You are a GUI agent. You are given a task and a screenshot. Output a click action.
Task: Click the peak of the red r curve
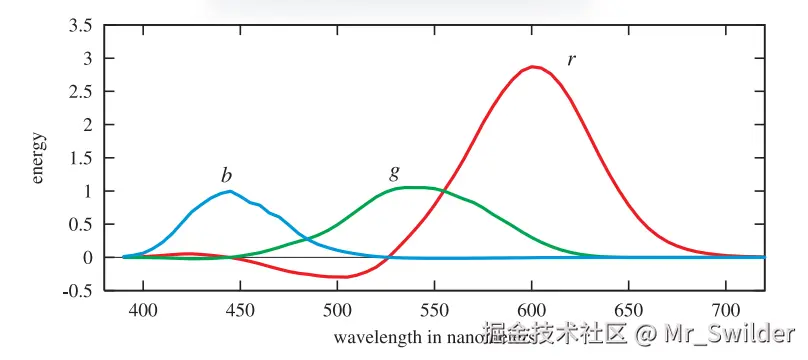pos(534,67)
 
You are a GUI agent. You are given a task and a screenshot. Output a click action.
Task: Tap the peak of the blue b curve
pos(230,191)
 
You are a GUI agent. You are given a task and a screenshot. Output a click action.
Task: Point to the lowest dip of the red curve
pos(341,277)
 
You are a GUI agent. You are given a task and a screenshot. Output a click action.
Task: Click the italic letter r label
pos(571,59)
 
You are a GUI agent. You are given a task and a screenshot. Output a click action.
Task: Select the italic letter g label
pos(394,172)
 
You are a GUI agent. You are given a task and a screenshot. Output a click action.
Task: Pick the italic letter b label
pos(227,176)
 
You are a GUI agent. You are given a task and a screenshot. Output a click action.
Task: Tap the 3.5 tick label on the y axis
pos(79,26)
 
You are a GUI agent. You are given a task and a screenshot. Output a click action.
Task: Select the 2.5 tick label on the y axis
pos(79,92)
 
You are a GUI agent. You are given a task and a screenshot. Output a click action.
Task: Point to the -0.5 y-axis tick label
pos(77,291)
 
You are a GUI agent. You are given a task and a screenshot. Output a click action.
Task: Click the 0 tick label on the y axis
pos(87,258)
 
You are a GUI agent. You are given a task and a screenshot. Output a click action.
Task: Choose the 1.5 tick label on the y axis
pos(79,158)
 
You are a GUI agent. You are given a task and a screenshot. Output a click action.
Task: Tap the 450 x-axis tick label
pos(240,311)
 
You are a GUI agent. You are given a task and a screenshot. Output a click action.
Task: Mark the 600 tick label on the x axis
pos(531,311)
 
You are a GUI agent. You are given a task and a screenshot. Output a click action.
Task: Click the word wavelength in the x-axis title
pos(372,337)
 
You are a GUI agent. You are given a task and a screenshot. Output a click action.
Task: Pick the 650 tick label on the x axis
pos(628,311)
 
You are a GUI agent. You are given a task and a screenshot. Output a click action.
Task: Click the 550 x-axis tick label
pos(434,311)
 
